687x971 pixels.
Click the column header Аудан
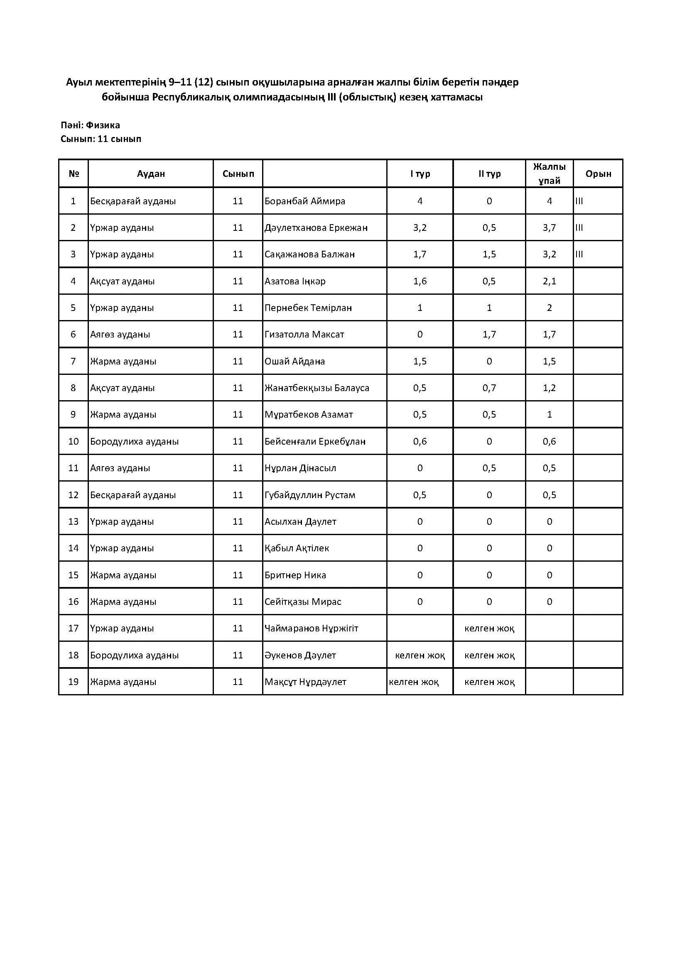(x=151, y=174)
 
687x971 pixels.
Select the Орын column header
(x=598, y=174)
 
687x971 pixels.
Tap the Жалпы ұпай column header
(x=549, y=174)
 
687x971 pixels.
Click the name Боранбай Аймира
(x=304, y=201)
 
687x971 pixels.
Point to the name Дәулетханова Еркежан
(x=316, y=228)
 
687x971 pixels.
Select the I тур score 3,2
(x=420, y=228)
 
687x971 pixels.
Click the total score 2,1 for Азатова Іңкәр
(x=549, y=281)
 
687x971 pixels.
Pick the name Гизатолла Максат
(x=304, y=335)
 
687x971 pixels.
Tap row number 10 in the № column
(x=73, y=442)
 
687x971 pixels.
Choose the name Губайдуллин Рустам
(x=310, y=495)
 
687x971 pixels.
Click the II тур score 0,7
(x=489, y=388)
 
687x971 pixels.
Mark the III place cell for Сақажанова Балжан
(x=579, y=254)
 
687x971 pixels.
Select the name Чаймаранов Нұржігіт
(x=312, y=629)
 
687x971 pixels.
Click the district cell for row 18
(x=134, y=655)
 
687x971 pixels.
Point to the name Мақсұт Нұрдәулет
(x=305, y=682)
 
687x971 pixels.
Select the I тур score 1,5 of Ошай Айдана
(x=420, y=362)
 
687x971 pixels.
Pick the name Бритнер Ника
(x=295, y=575)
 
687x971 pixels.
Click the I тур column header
(x=420, y=174)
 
